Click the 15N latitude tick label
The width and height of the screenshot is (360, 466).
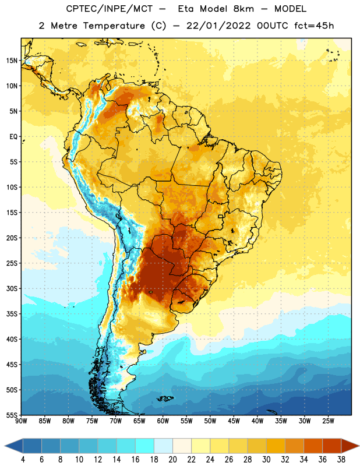(12, 61)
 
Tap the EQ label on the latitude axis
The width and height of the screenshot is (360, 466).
(13, 137)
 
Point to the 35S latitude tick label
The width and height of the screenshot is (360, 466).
(12, 314)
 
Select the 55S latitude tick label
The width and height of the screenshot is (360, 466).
(12, 415)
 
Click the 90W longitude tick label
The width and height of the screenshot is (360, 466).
(21, 421)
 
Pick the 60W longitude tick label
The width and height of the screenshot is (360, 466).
(163, 421)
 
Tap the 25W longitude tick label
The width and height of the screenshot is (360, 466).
(328, 421)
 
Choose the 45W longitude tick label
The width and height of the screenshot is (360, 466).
(234, 421)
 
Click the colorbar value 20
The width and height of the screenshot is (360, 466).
(172, 460)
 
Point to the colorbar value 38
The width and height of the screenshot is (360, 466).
(341, 460)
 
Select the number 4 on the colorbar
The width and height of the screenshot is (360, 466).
(23, 460)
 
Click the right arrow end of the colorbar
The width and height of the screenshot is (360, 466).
(350, 446)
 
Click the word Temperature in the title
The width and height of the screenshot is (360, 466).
(114, 26)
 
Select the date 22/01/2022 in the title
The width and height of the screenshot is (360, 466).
(219, 26)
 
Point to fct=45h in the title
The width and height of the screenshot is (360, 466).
(314, 26)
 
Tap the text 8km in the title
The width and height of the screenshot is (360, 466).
(243, 9)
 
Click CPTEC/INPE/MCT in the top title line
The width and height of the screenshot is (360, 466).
(109, 9)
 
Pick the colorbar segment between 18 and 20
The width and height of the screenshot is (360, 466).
(164, 446)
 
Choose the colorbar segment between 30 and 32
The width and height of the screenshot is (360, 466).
(276, 446)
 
